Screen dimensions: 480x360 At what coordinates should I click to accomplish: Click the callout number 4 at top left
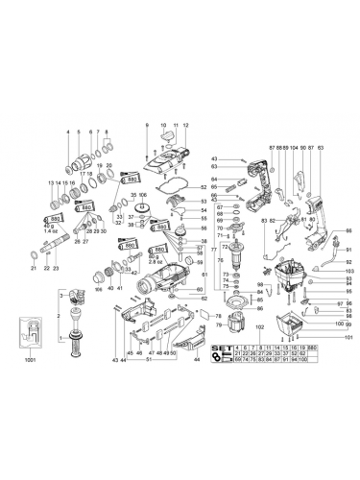(68, 131)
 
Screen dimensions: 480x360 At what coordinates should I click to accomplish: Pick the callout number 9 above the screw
(145, 125)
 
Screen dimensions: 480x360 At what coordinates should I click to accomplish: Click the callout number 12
(185, 125)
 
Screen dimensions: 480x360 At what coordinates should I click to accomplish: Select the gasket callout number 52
(204, 187)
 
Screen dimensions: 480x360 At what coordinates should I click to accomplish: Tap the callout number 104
(292, 147)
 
